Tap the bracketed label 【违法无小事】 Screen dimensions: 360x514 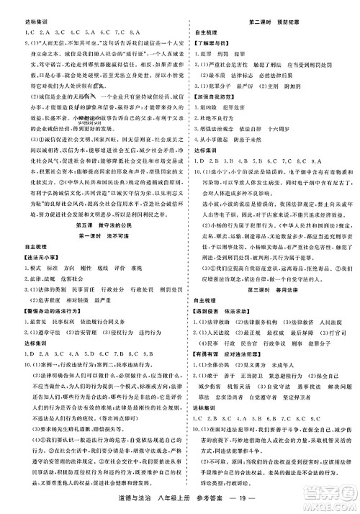38,257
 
